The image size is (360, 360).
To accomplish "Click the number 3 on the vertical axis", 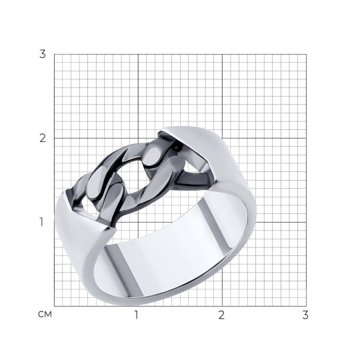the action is click(x=43, y=54).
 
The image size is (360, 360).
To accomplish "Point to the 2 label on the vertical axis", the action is click(x=43, y=138).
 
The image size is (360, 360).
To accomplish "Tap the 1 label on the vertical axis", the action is click(x=41, y=222).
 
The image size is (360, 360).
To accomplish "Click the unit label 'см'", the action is click(x=45, y=314).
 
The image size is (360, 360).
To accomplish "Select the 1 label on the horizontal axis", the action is click(x=137, y=315).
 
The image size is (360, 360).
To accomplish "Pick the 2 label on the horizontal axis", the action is click(x=221, y=315).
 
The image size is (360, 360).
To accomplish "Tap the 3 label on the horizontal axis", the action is click(x=305, y=315).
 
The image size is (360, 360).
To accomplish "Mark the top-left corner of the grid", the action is click(x=54, y=54).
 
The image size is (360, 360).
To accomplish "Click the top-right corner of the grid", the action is click(x=306, y=54).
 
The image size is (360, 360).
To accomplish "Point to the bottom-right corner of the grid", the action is click(x=306, y=306).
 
